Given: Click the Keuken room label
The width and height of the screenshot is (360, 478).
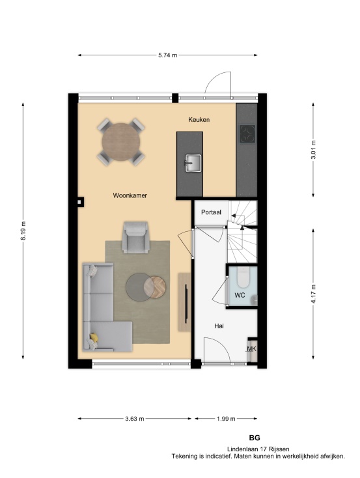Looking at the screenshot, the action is (199, 120).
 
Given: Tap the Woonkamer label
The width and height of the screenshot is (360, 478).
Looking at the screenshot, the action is (130, 195).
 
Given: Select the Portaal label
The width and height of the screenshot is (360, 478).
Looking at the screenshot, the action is (211, 212).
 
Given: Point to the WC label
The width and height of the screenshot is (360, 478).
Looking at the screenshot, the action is (240, 295).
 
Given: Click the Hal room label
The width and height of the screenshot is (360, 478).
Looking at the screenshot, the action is (219, 326).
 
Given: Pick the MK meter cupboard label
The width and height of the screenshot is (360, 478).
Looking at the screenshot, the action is (251, 349).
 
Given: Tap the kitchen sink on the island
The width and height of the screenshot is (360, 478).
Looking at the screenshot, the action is (193, 163).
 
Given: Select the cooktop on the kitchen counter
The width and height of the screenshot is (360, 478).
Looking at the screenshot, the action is (247, 134).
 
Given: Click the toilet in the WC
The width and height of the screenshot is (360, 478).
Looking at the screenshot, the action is (243, 277).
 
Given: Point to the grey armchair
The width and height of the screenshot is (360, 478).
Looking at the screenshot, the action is (136, 238).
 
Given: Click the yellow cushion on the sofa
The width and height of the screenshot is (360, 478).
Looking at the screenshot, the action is (94, 337).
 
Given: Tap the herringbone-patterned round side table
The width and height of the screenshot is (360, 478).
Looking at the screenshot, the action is (155, 287).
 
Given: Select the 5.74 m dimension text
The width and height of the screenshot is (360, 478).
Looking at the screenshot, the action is (167, 55).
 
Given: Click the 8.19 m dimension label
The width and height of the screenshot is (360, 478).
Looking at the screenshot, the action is (23, 231).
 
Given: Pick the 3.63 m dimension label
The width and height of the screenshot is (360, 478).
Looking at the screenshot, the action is (134, 419).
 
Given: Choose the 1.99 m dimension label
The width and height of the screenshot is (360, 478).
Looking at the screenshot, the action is (226, 419).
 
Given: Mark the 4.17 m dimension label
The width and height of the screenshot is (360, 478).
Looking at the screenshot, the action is (313, 294).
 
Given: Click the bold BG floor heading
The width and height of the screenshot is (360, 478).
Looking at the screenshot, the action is (255, 438).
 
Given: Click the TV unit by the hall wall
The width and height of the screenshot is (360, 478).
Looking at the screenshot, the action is (184, 302).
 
